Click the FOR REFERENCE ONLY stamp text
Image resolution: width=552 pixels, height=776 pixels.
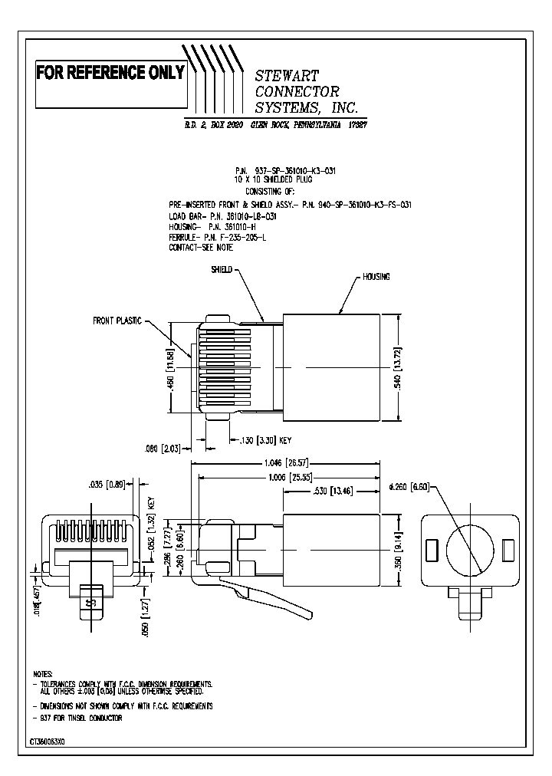point(110,73)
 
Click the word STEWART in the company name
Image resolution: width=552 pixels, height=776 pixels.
point(287,75)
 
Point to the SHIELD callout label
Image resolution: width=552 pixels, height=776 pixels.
point(221,271)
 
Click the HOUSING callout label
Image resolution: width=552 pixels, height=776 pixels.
point(376,276)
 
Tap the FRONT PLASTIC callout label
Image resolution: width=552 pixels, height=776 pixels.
point(117,321)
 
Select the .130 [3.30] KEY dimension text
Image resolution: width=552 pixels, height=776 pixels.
point(264,440)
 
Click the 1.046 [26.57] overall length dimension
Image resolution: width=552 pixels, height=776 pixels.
point(284,463)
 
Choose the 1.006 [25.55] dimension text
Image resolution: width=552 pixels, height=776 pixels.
point(284,476)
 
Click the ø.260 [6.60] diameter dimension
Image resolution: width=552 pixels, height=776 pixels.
point(413,486)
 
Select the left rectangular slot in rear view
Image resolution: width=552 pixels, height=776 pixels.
point(431,550)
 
